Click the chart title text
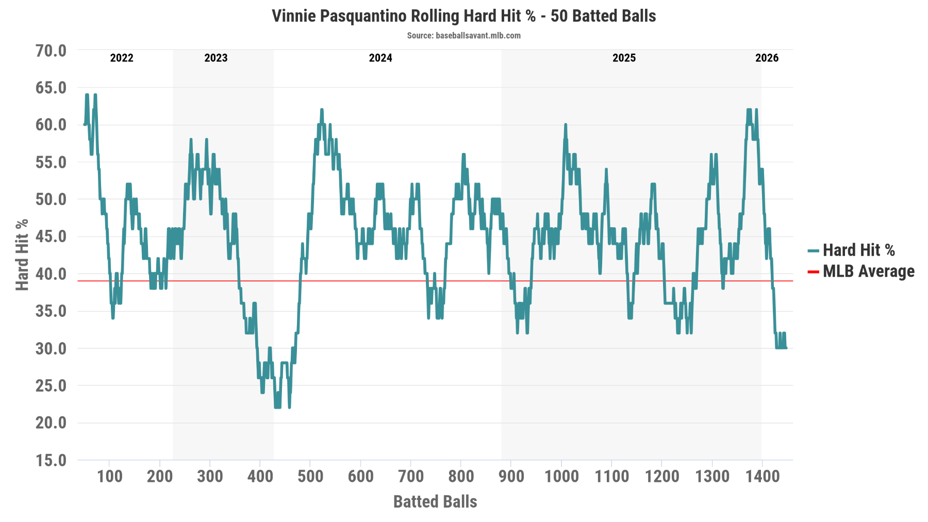pyautogui.click(x=463, y=16)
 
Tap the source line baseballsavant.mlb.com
pyautogui.click(x=463, y=36)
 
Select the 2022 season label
pyautogui.click(x=122, y=58)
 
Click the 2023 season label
pyautogui.click(x=216, y=58)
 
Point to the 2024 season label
pyautogui.click(x=380, y=58)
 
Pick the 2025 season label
pyautogui.click(x=624, y=58)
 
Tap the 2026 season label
pyautogui.click(x=767, y=58)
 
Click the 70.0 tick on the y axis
pyautogui.click(x=51, y=50)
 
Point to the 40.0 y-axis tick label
pyautogui.click(x=51, y=274)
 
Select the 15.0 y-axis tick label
pyautogui.click(x=51, y=460)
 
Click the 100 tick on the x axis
pyautogui.click(x=110, y=476)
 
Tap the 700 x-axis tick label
pyautogui.click(x=411, y=476)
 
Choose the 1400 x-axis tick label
pyautogui.click(x=763, y=476)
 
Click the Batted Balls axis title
pyautogui.click(x=435, y=501)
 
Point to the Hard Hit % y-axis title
pyautogui.click(x=22, y=255)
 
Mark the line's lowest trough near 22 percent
pyautogui.click(x=277, y=407)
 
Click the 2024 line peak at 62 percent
pyautogui.click(x=322, y=110)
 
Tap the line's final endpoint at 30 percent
pyautogui.click(x=786, y=348)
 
